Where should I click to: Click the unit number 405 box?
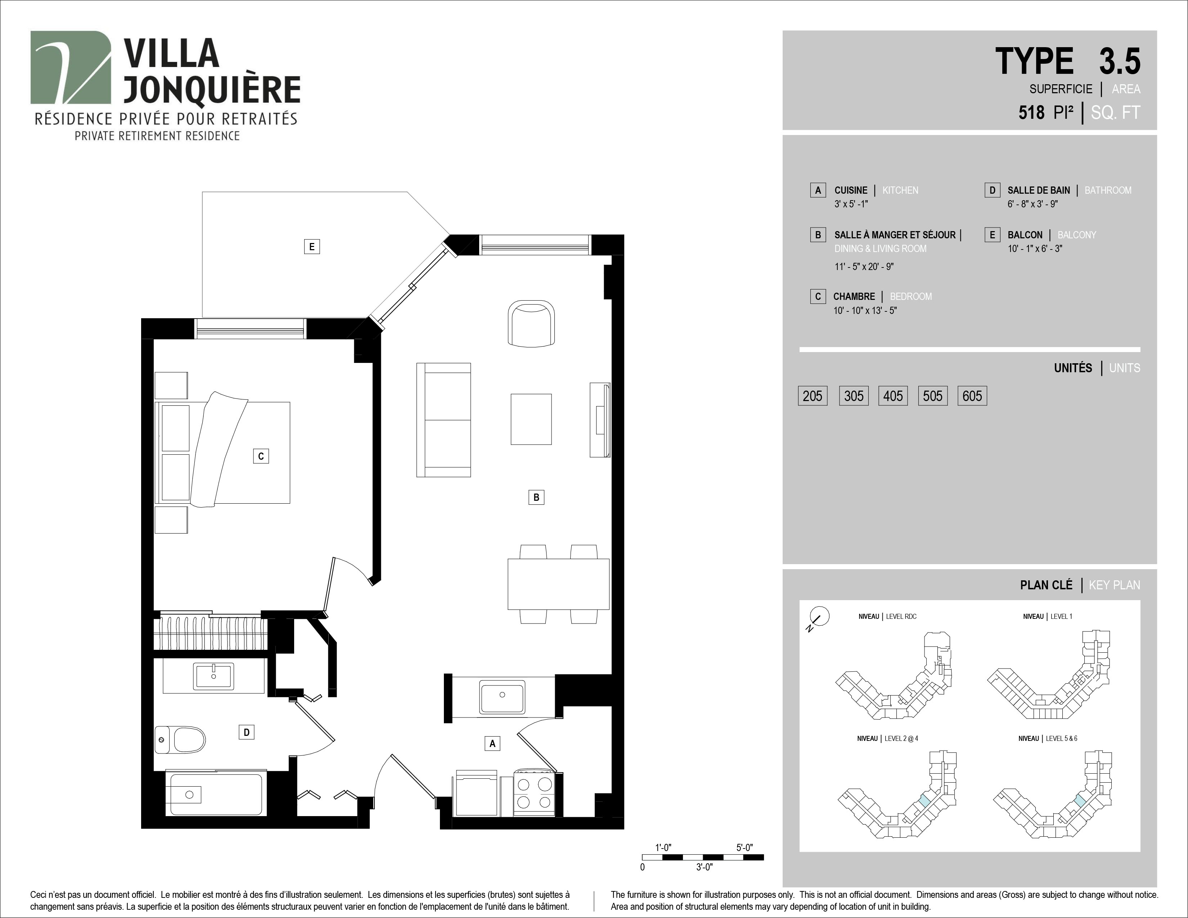pyautogui.click(x=893, y=396)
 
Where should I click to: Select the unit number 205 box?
pyautogui.click(x=813, y=396)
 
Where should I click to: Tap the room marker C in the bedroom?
pyautogui.click(x=261, y=456)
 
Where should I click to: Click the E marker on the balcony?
pyautogui.click(x=312, y=247)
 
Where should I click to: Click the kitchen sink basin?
pyautogui.click(x=502, y=697)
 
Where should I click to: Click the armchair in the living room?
pyautogui.click(x=531, y=323)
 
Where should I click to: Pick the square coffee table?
pyautogui.click(x=531, y=419)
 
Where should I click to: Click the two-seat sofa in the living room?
pyautogui.click(x=443, y=420)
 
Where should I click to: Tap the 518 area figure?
pyautogui.click(x=1031, y=113)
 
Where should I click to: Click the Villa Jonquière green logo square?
pyautogui.click(x=71, y=67)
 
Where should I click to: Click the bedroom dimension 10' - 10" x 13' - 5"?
pyautogui.click(x=865, y=311)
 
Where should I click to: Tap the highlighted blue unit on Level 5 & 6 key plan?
pyautogui.click(x=1080, y=800)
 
